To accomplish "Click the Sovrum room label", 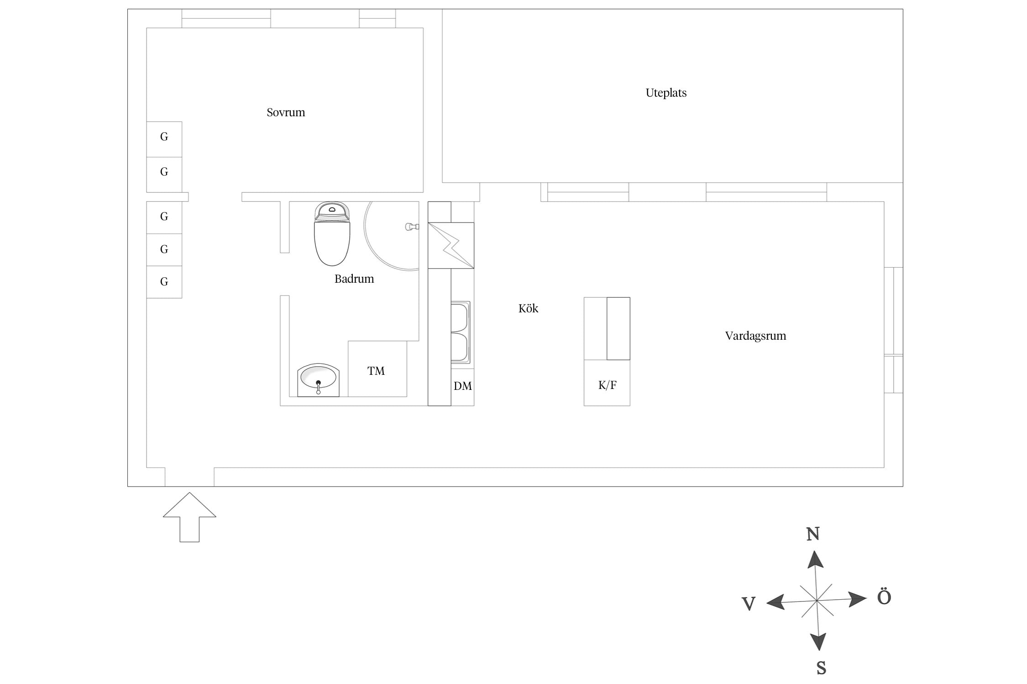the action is tap(286, 112).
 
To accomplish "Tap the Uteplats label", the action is tap(666, 93).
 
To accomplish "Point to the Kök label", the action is tap(528, 309).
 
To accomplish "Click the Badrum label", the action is tap(354, 279).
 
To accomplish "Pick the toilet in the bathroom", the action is tap(332, 233).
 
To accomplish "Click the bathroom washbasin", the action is tap(318, 380).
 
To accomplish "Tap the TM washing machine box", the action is tap(377, 369).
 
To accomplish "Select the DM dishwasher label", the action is tap(462, 386).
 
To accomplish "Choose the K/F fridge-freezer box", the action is tap(607, 383).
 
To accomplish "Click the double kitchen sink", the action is tap(460, 332).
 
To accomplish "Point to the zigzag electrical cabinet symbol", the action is tap(451, 245).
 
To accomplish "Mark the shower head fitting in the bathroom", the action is tap(412, 227).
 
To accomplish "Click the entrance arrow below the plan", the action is tap(189, 517).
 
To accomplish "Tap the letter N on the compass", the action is tap(813, 534).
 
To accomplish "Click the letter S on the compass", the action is tap(821, 668).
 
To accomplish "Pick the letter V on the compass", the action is tap(749, 604).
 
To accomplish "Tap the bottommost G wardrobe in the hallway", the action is tap(164, 282).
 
